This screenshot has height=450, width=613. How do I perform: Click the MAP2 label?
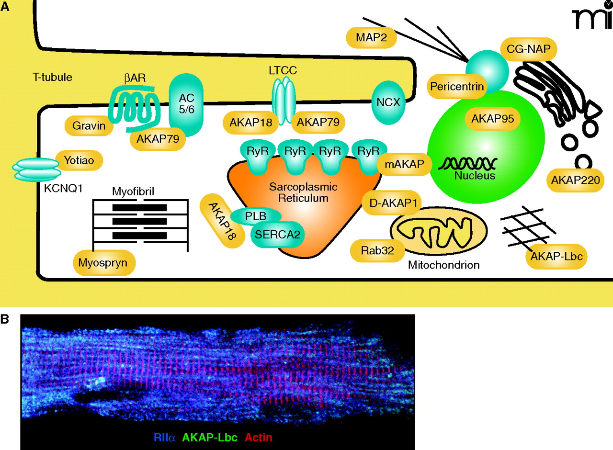pyautogui.click(x=371, y=37)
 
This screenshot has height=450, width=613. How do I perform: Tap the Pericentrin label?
pyautogui.click(x=457, y=87)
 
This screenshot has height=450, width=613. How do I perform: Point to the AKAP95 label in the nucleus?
pyautogui.click(x=492, y=118)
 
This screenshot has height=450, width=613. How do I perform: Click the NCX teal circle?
pyautogui.click(x=388, y=102)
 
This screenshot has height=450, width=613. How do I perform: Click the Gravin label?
pyautogui.click(x=89, y=126)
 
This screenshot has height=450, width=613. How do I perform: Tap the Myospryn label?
pyautogui.click(x=103, y=263)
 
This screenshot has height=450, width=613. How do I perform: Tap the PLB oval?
pyautogui.click(x=256, y=215)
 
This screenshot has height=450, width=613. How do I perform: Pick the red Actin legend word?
pyautogui.click(x=259, y=437)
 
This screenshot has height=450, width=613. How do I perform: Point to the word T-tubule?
pyautogui.click(x=52, y=77)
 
